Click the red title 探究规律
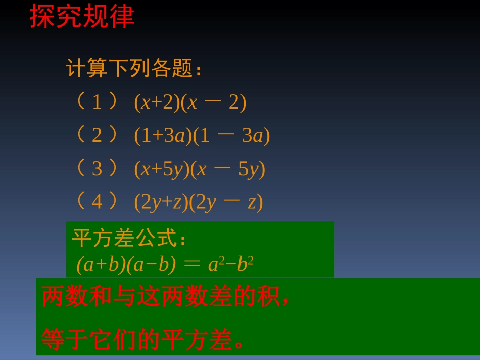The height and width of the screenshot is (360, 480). [82, 16]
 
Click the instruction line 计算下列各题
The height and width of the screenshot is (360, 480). [133, 68]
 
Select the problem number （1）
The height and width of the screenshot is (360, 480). [97, 102]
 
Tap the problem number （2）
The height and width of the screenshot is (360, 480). [97, 135]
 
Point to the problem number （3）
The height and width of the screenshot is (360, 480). [97, 169]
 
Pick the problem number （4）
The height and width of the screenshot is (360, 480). [97, 202]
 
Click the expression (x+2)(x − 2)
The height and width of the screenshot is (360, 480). [190, 102]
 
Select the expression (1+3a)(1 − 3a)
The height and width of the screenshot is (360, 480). [202, 136]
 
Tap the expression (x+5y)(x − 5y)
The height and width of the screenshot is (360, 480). [200, 169]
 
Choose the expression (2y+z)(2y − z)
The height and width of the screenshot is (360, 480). [199, 202]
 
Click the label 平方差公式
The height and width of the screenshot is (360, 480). [129, 238]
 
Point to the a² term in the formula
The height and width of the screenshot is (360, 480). [216, 264]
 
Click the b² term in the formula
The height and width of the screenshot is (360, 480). [245, 264]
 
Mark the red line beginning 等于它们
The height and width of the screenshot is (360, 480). [143, 339]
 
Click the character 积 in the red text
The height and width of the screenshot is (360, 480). [268, 297]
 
